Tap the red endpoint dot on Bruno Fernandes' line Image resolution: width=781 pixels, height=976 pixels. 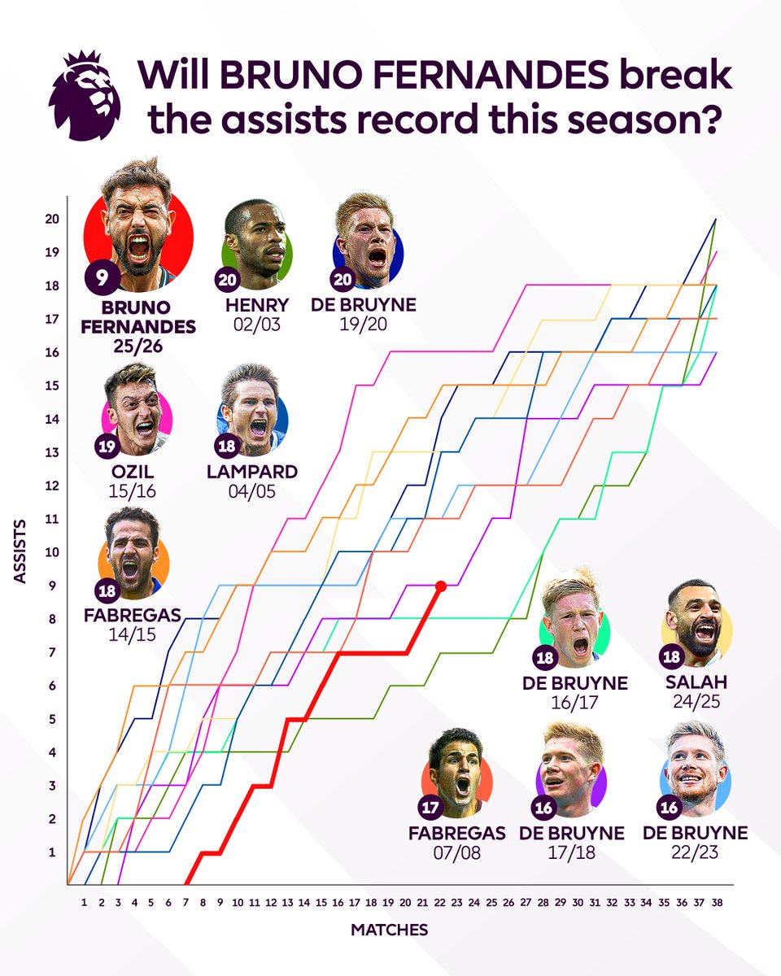(x=440, y=586)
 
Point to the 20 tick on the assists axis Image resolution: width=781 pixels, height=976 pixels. (x=51, y=219)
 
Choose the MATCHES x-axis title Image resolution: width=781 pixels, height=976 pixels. (x=390, y=929)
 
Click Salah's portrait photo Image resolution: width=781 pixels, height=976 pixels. (x=696, y=624)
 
